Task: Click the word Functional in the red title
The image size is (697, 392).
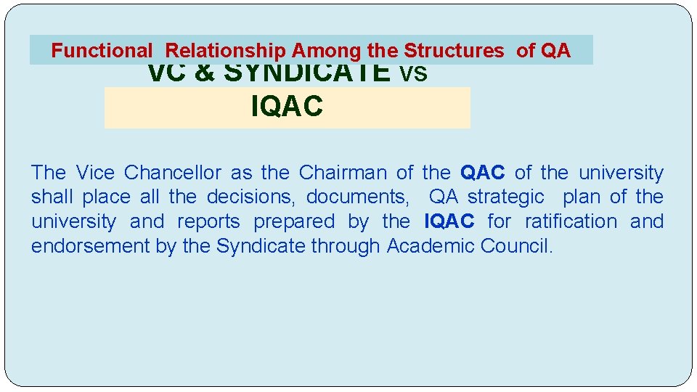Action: [102, 51]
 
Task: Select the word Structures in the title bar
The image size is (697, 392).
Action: [454, 51]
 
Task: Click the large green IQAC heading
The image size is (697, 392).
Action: [287, 107]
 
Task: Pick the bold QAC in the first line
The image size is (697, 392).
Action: [483, 173]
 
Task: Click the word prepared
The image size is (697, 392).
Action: [294, 221]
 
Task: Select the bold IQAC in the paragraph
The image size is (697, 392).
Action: [449, 221]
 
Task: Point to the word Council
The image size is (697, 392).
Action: [516, 245]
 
